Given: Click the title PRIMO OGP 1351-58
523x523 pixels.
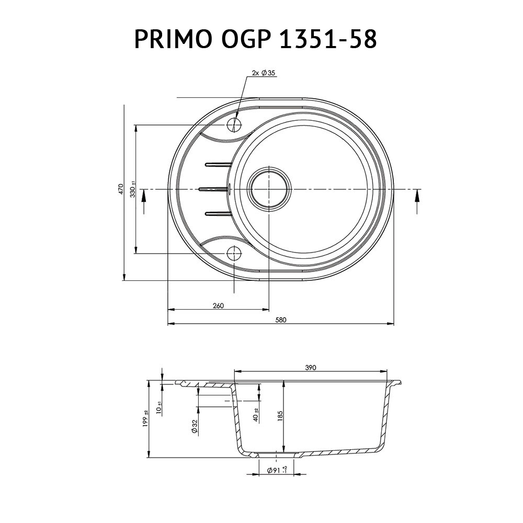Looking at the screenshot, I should [x=255, y=40].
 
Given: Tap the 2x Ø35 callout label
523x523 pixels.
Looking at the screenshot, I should [x=263, y=73].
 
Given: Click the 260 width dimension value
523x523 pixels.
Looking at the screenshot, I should [x=219, y=306].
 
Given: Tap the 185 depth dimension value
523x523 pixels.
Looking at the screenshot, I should [x=280, y=416].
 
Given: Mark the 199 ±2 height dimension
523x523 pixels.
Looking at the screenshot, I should [x=146, y=419].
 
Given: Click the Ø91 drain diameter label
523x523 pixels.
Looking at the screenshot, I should [x=277, y=471].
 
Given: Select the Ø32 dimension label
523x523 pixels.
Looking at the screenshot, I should [x=194, y=427].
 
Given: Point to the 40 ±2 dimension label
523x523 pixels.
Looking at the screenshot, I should [x=256, y=415].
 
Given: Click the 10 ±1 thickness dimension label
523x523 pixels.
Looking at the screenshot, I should [x=159, y=405].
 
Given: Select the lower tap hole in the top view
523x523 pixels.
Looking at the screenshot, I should [x=233, y=254].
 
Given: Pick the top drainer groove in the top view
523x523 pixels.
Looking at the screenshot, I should [x=218, y=165].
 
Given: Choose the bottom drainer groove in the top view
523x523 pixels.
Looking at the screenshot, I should [x=218, y=212].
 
